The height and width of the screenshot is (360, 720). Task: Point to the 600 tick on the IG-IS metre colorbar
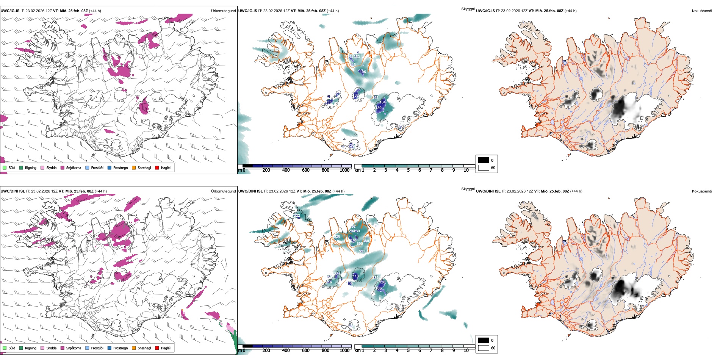click(305, 170)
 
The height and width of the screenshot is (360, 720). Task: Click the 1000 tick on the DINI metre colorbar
click(344, 351)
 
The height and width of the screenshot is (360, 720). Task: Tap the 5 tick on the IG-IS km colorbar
click(408, 170)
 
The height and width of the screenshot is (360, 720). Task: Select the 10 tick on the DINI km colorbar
click(466, 351)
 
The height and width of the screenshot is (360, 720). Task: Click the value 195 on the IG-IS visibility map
click(363, 72)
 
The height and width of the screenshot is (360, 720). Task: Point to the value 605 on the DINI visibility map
click(360, 244)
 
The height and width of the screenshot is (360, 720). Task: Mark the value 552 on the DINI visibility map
click(362, 251)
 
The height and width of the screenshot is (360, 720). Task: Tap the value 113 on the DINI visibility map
click(355, 276)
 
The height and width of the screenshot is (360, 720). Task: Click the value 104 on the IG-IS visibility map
click(383, 102)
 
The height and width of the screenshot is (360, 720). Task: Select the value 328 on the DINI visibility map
click(337, 237)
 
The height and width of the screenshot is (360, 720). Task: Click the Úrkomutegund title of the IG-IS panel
click(223, 11)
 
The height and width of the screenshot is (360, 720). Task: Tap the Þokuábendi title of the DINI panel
click(702, 191)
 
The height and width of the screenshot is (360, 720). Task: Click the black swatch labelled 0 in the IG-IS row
click(484, 160)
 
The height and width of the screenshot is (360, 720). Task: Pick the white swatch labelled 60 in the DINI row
click(484, 348)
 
